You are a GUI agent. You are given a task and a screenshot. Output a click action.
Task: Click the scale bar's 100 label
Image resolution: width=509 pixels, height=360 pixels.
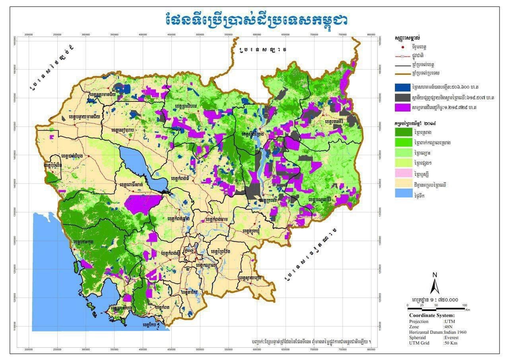click(464, 305)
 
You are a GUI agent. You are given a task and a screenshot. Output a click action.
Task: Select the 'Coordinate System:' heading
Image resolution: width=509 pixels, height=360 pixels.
click(431, 315)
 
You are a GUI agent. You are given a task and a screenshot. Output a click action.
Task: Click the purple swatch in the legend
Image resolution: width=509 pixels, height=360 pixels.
click(402, 107)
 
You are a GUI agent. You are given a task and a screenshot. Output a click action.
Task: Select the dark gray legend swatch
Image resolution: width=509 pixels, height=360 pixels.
click(402, 97)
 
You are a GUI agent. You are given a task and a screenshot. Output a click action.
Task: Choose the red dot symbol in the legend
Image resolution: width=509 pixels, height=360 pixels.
click(402, 47)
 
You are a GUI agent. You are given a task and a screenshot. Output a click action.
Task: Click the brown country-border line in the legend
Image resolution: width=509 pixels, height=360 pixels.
click(402, 73)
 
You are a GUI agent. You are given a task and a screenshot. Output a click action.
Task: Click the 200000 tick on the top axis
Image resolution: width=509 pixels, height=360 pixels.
click(29, 35)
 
